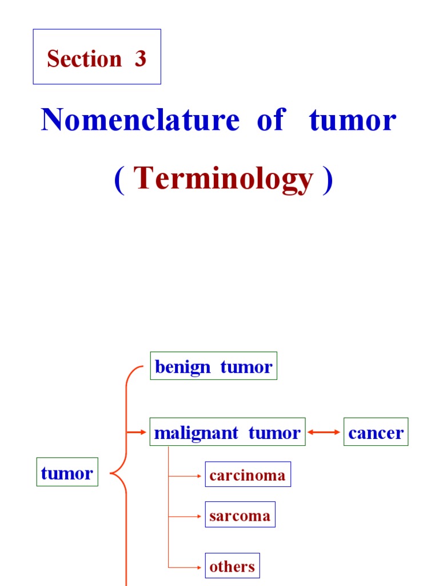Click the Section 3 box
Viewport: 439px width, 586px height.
[97, 57]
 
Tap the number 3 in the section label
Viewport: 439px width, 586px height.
[140, 59]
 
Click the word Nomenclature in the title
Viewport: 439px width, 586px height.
[140, 121]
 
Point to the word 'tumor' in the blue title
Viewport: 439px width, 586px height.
[353, 121]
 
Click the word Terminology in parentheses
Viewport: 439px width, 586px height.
[225, 180]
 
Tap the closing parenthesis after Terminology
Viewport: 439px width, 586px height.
[327, 181]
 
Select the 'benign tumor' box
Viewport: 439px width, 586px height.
[213, 366]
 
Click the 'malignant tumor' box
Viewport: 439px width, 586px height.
[227, 433]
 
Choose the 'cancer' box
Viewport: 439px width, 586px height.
[376, 433]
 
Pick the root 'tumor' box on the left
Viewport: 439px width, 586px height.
[67, 473]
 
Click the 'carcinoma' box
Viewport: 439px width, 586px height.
[248, 475]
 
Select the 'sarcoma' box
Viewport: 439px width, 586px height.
[240, 515]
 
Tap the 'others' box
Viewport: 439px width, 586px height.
[232, 567]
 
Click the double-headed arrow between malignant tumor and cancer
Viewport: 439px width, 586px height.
[324, 433]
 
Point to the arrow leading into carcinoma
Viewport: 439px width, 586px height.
[186, 476]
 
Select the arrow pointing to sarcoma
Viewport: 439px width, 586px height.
[186, 516]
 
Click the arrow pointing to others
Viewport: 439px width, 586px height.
[186, 567]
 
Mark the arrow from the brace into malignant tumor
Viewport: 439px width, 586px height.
[137, 433]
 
